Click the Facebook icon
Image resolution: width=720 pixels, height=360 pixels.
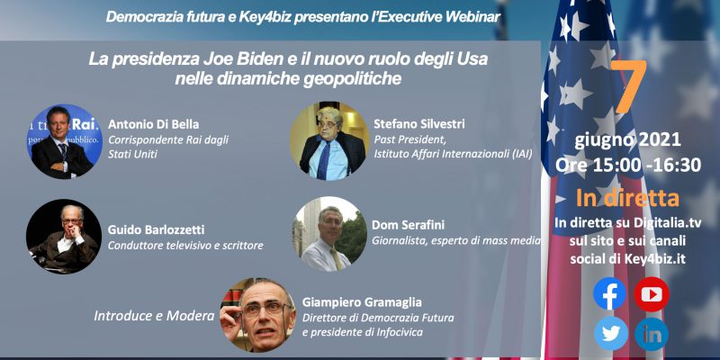tap(609, 293)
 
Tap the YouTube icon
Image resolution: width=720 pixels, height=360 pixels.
tap(652, 294)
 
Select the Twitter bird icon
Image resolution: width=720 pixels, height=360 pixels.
tap(611, 333)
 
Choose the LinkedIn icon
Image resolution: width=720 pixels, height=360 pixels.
tap(652, 334)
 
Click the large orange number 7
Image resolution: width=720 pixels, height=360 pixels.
tap(628, 85)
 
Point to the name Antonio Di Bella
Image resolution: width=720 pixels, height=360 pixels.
tap(153, 124)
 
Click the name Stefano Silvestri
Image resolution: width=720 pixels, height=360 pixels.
tap(419, 124)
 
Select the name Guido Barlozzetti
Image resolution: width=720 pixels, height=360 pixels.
tap(156, 229)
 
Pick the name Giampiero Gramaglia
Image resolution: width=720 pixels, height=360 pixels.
tap(362, 302)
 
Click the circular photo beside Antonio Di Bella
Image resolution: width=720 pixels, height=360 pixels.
tap(64, 141)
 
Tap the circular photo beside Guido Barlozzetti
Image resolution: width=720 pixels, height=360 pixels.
tap(64, 237)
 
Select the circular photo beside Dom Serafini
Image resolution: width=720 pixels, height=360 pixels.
tap(329, 234)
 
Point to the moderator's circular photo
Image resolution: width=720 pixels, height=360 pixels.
tap(257, 314)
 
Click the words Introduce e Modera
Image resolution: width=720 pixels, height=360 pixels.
tap(154, 316)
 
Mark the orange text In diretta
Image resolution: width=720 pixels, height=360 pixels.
tap(627, 198)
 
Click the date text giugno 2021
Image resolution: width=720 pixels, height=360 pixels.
tap(627, 140)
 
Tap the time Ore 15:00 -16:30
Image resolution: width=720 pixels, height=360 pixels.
tap(627, 165)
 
